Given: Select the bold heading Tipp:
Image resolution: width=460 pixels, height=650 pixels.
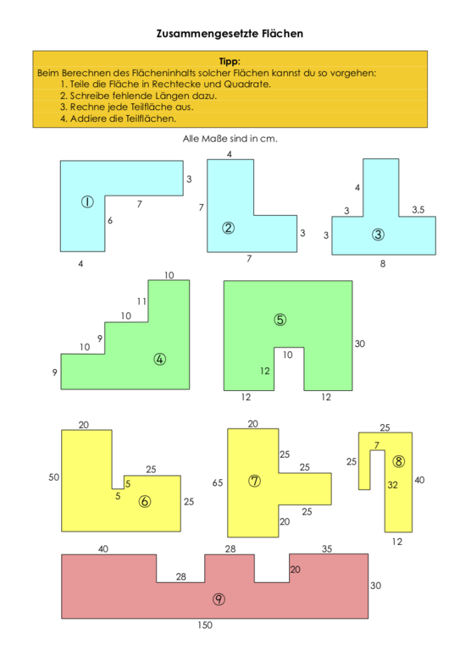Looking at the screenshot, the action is (230, 61).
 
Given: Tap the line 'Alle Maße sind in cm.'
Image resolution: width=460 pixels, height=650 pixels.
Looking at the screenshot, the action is (230, 139).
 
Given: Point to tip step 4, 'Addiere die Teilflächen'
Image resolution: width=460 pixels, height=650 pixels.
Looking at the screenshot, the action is (119, 119).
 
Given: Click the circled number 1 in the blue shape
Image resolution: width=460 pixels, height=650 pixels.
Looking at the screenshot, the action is (87, 202).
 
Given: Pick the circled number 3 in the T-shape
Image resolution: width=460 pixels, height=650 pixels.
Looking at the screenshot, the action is (378, 234).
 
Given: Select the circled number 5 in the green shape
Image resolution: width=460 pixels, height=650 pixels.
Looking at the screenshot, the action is (280, 320).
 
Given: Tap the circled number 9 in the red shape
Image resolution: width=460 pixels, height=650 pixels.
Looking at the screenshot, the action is (219, 599).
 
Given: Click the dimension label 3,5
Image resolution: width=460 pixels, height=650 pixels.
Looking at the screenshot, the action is (418, 210).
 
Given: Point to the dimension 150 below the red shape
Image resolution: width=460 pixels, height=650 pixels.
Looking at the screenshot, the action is (205, 625).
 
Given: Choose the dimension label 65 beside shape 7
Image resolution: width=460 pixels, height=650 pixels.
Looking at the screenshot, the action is (218, 482).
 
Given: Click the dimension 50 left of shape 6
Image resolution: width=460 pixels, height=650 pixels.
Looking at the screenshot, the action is (54, 477).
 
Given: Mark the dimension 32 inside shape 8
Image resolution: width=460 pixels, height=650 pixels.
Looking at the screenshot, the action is (392, 485).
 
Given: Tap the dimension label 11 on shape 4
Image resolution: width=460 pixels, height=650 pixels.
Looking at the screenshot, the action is (141, 301).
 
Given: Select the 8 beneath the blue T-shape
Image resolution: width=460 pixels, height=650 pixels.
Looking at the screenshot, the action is (382, 264).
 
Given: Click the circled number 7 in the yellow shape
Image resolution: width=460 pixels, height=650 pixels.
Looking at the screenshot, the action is (254, 481).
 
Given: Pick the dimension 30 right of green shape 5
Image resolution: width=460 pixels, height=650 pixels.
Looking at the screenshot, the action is (360, 344).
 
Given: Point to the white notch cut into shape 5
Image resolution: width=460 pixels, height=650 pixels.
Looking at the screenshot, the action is (289, 369).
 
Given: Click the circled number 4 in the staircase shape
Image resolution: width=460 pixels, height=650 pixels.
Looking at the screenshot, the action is (160, 359).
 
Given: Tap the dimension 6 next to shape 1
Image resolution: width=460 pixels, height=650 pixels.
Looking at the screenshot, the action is (110, 221).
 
